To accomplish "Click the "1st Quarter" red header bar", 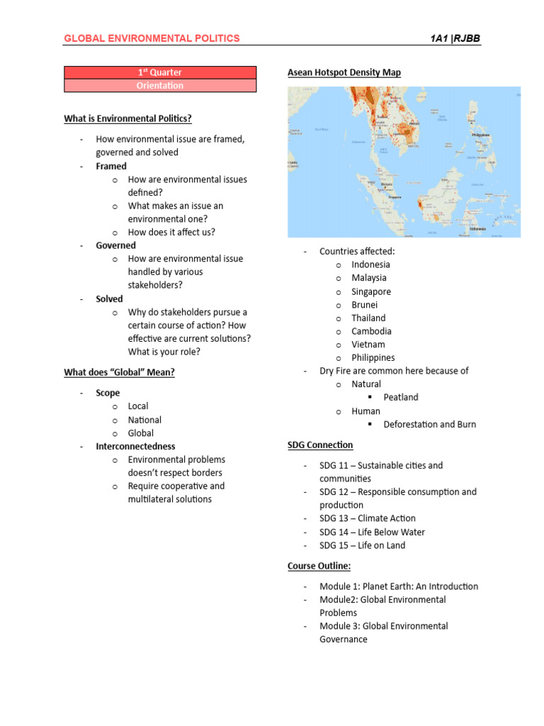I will pos(160,72).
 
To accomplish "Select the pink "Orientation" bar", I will pos(160,86).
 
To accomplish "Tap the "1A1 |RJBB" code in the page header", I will pos(455,38).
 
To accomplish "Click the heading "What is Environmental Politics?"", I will pos(127,118).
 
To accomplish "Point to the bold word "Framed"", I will pos(111,166).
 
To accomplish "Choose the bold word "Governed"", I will pos(115,245).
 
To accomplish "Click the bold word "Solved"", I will pos(109,298).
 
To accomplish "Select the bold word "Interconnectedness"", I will pos(135,446).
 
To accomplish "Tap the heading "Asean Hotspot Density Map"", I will pos(344,72).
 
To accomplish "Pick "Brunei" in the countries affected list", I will pos(364,305).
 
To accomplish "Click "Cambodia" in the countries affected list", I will pos(371,331).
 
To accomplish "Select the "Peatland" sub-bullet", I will pos(401,397).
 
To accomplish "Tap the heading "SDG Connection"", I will pos(320,445).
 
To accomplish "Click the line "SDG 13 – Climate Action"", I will pos(367,518).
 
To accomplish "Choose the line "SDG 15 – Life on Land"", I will pos(362,545).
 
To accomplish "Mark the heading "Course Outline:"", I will pos(319,566).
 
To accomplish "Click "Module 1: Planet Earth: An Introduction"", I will pos(398,586).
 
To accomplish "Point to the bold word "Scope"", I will pos(108,393).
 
